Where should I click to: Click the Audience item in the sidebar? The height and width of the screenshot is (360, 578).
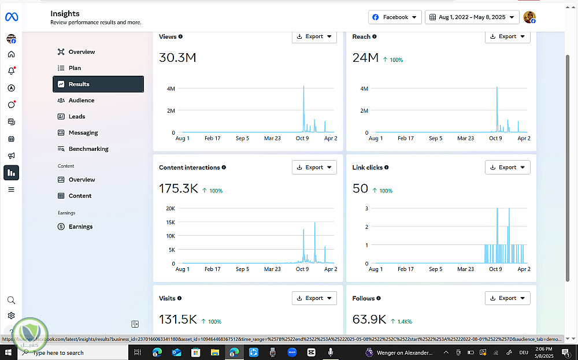[x=81, y=101]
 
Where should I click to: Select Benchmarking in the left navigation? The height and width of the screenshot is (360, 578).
[x=88, y=149]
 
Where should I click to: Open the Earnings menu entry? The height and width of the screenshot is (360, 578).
[x=80, y=227]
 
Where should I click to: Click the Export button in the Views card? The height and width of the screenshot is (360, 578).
[x=314, y=36]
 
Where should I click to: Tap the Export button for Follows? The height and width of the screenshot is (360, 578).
[x=507, y=298]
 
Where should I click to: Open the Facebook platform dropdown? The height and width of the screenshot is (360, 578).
[x=395, y=17]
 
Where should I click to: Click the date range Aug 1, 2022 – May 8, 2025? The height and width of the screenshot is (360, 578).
[x=471, y=17]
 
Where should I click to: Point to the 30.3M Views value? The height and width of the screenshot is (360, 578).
[x=177, y=58]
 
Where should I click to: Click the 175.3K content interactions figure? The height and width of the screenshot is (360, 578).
[x=178, y=188]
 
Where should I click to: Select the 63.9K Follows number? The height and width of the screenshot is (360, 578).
[x=369, y=320]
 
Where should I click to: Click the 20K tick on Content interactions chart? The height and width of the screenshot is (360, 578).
[x=171, y=209]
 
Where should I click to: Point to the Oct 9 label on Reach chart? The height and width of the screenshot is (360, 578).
[x=495, y=139]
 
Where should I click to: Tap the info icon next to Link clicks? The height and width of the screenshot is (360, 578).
[x=387, y=168]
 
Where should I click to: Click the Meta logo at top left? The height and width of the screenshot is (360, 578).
[x=12, y=17]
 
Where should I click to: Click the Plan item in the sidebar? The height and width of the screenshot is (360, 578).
[x=75, y=68]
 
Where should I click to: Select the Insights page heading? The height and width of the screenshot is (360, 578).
[x=65, y=13]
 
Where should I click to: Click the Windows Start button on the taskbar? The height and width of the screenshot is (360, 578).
[x=9, y=352]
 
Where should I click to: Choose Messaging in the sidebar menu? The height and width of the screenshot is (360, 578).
[x=83, y=133]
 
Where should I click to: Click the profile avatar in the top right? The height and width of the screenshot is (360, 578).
[x=529, y=17]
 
